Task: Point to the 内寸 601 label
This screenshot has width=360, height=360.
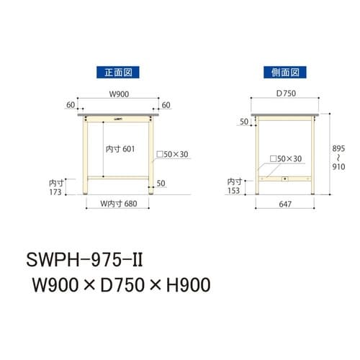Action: coord(120,148)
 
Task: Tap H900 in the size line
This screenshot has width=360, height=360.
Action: coord(183,283)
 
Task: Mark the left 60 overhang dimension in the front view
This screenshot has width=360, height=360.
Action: coord(71,105)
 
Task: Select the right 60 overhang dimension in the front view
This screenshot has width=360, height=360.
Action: coord(167,105)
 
